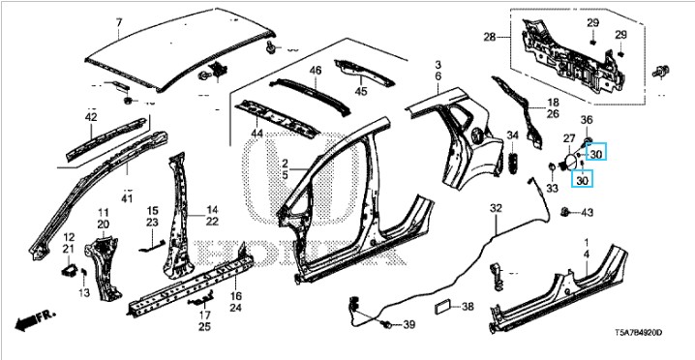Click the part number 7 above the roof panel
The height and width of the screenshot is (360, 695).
coord(118,21)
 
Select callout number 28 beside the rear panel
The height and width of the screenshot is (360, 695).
coord(490,38)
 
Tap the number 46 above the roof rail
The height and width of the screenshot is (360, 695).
coord(316,70)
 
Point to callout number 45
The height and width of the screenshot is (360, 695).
coord(361,91)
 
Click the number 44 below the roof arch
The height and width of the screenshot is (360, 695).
coord(257,134)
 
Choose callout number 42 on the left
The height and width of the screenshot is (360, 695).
coord(91,117)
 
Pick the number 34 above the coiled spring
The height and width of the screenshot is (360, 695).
coord(512,135)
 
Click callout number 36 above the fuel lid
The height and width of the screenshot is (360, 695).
coord(587,120)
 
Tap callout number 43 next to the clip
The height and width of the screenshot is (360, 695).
coord(587,213)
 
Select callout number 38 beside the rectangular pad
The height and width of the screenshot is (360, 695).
coord(468,307)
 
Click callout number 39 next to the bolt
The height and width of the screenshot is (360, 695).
coord(409,325)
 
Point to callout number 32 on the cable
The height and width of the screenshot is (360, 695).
coord(496,208)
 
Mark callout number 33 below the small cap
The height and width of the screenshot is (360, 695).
coord(552,189)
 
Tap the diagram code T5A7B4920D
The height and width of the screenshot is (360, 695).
coord(638,332)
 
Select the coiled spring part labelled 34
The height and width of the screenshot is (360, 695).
coord(513,164)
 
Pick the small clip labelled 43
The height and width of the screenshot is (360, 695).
coord(565,212)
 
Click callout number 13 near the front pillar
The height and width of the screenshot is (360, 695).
coord(84,292)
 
